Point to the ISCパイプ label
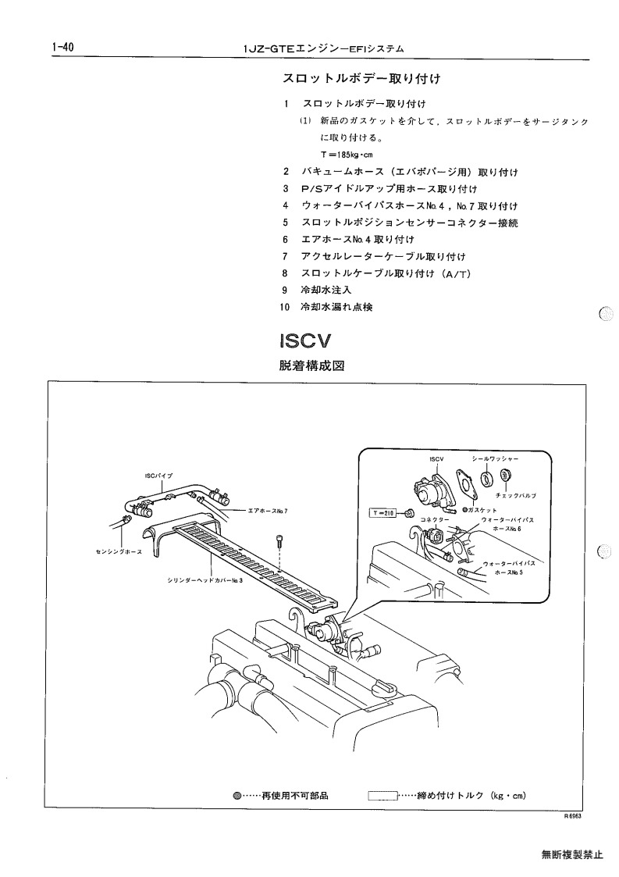pos(158,476)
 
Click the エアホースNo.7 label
pos(268,511)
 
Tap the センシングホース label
pos(119,552)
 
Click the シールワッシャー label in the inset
pos(495,458)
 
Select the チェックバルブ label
pos(515,496)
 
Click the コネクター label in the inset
pos(435,519)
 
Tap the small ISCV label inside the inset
pos(436,459)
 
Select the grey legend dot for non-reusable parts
pos(237,796)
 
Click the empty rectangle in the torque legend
pos(382,795)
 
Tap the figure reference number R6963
pos(573,816)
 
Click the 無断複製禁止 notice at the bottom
pos(572,854)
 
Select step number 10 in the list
pos(285,307)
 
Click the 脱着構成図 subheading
pos(311,365)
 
